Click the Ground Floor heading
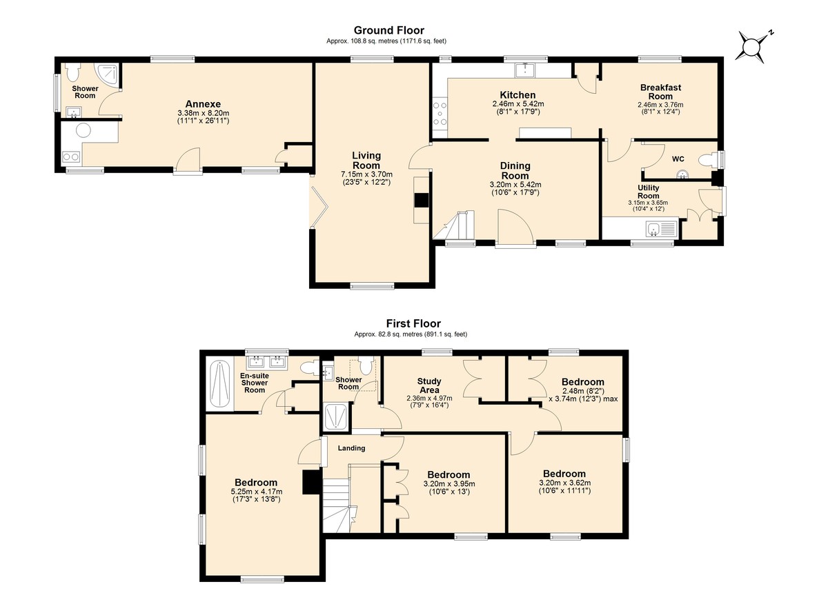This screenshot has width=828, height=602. pyautogui.click(x=389, y=30)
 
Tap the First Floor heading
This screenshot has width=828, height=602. pyautogui.click(x=413, y=323)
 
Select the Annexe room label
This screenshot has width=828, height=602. pyautogui.click(x=203, y=103)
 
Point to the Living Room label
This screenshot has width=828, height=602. pyautogui.click(x=366, y=160)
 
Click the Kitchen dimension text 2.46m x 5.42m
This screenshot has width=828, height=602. pyautogui.click(x=518, y=104)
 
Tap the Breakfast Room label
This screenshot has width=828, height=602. pyautogui.click(x=660, y=92)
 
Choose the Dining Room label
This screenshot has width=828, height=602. pyautogui.click(x=515, y=170)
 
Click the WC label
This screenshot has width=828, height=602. pyautogui.click(x=678, y=159)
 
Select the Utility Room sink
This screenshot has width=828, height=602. pyautogui.click(x=661, y=228)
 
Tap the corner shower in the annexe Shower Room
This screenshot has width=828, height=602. pyautogui.click(x=107, y=74)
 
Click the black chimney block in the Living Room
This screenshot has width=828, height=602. pyautogui.click(x=421, y=201)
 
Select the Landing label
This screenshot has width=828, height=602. pyautogui.click(x=351, y=448)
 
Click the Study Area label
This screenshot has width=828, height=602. pyautogui.click(x=429, y=385)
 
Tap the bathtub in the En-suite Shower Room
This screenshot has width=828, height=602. pyautogui.click(x=220, y=384)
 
